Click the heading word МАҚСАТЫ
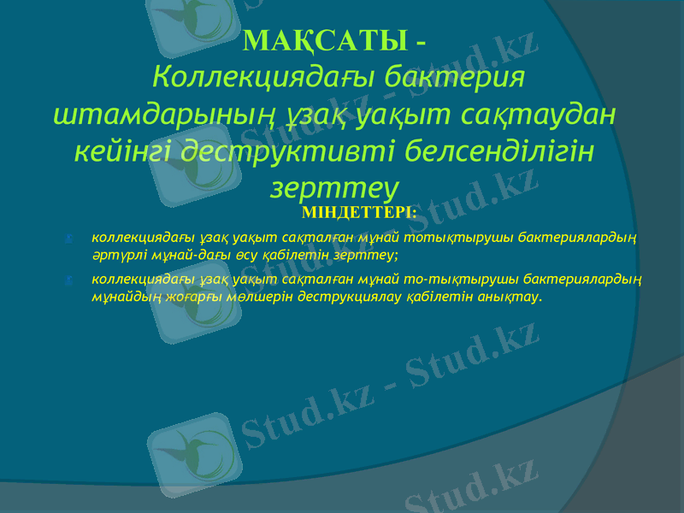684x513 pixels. click(x=326, y=40)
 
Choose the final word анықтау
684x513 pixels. click(x=514, y=298)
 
